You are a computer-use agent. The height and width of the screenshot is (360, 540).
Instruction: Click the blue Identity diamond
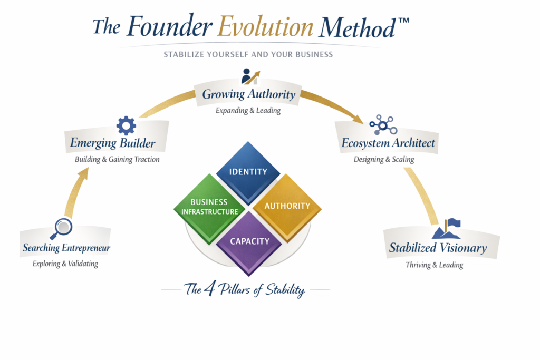point(248,172)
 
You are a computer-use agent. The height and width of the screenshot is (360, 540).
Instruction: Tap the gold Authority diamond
point(287,206)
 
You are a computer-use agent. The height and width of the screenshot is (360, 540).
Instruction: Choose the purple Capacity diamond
point(249,241)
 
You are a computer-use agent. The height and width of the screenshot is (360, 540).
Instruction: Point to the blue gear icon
point(126,125)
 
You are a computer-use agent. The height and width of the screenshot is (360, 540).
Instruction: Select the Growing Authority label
point(249,95)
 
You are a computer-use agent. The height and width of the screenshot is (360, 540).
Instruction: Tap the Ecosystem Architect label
point(388,143)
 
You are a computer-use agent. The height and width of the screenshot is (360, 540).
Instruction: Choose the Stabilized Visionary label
point(438,248)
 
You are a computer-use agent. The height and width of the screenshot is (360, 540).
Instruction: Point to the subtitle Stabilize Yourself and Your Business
point(248,54)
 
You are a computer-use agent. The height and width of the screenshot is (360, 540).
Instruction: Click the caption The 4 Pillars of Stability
point(244,289)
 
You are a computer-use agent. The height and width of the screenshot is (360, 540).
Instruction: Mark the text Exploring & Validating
point(65,264)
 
